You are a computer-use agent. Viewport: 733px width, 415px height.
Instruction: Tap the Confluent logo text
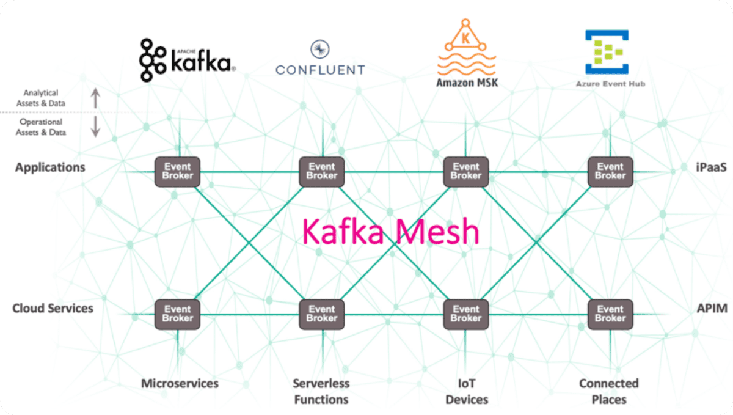(320, 69)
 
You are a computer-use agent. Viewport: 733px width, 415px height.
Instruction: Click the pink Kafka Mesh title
(391, 232)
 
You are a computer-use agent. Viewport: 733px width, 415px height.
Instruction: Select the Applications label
(50, 167)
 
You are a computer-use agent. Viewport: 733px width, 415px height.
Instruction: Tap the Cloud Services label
(53, 308)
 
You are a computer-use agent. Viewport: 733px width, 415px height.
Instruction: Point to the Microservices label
(180, 384)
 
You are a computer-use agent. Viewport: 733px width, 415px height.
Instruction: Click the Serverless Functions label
(321, 391)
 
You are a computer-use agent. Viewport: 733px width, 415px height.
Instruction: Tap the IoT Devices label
(466, 391)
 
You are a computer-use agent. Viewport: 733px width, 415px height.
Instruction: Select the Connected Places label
(609, 391)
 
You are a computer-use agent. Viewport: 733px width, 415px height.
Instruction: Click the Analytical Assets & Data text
(41, 98)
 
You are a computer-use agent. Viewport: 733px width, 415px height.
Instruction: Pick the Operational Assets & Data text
(41, 127)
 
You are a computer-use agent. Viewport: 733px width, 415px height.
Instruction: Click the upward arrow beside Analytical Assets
(95, 98)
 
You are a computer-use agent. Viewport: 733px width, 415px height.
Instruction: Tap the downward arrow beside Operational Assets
(95, 127)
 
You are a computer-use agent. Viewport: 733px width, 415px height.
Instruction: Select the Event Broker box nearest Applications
(177, 171)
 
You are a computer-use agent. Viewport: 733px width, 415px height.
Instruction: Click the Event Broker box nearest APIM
(610, 314)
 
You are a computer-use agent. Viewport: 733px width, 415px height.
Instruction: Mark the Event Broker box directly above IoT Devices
(465, 314)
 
